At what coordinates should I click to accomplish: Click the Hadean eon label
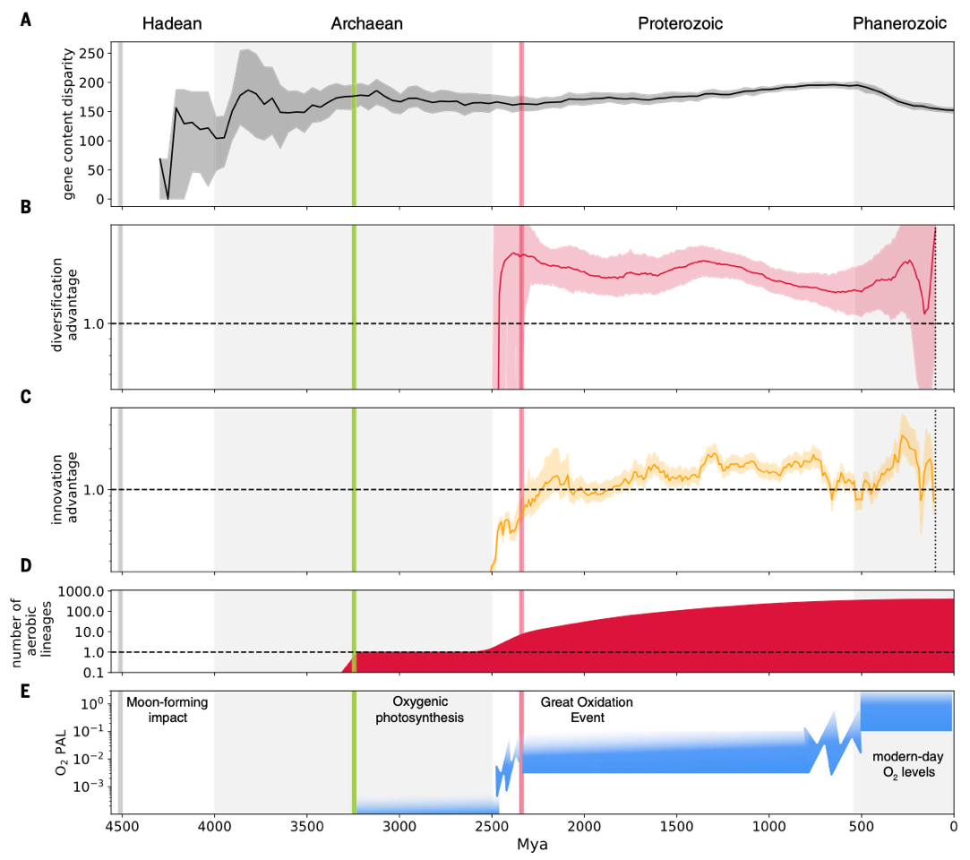[172, 24]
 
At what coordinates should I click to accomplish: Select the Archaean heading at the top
[367, 24]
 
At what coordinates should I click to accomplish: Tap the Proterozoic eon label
[680, 24]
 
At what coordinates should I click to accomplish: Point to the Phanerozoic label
[899, 24]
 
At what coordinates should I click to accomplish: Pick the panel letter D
[27, 565]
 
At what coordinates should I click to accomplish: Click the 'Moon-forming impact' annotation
[167, 710]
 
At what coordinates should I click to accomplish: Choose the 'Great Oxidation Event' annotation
[586, 710]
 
